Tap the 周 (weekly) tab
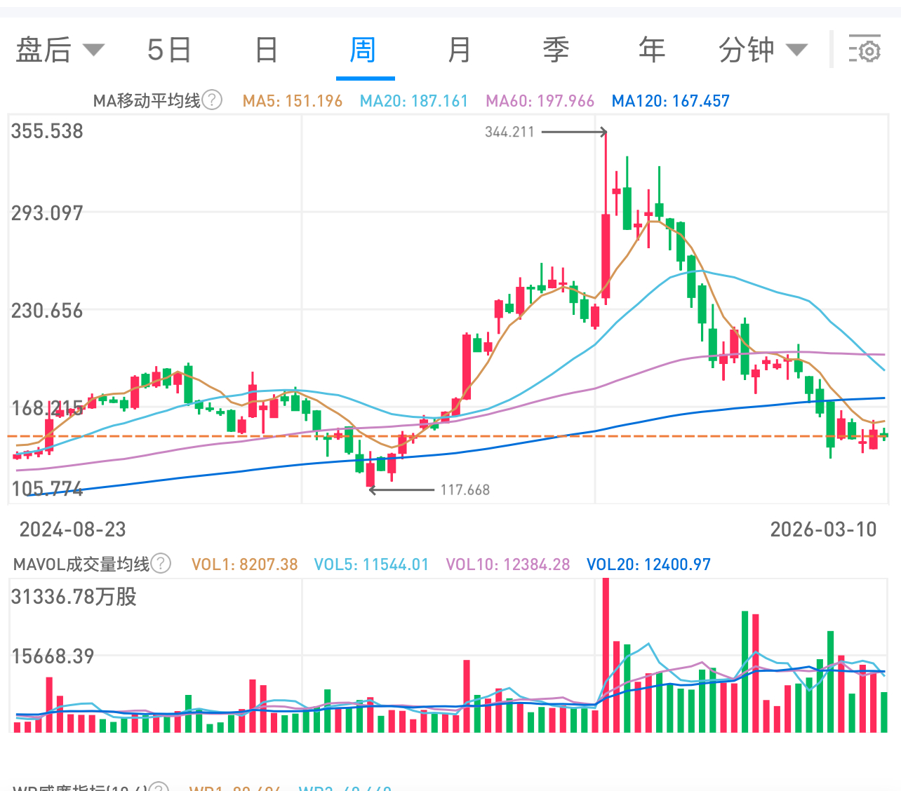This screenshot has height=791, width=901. (x=363, y=50)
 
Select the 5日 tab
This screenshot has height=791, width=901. (x=169, y=50)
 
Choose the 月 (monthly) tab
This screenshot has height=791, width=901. (x=460, y=50)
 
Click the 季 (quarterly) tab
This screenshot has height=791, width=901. (x=556, y=50)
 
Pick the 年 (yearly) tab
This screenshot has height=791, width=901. (x=651, y=50)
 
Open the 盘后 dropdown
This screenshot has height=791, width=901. (x=60, y=50)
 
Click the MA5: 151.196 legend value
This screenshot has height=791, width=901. (x=292, y=101)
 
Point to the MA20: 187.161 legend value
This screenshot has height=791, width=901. (x=413, y=101)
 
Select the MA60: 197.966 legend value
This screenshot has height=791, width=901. (x=540, y=101)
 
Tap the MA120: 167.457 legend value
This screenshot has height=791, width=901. (x=670, y=101)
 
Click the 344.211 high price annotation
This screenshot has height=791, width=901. (x=509, y=132)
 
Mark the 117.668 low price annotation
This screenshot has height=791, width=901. (x=465, y=490)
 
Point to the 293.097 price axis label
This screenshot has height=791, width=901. (x=47, y=213)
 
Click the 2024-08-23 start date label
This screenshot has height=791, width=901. (x=72, y=529)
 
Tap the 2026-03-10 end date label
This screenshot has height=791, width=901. (x=823, y=529)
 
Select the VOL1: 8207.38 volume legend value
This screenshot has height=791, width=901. (x=244, y=564)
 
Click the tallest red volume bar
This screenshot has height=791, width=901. (x=606, y=656)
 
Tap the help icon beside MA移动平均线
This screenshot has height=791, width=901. (x=212, y=100)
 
